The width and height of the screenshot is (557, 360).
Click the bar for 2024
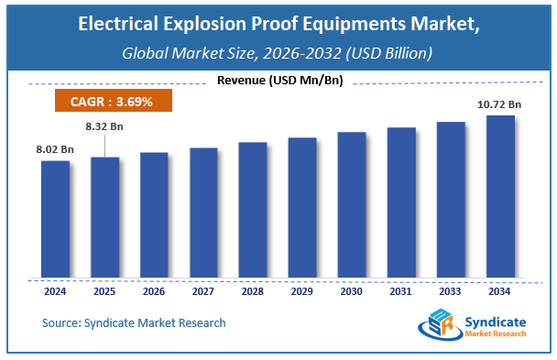55,220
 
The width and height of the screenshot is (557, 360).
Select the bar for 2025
104,218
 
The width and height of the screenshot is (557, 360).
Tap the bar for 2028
253,211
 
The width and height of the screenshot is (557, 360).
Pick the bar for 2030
352,205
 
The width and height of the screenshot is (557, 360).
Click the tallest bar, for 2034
499,196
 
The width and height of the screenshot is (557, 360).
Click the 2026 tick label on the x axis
154,293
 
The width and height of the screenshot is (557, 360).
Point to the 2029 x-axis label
302,293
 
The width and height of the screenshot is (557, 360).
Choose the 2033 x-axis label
450,293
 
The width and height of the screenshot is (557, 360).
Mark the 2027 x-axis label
203,293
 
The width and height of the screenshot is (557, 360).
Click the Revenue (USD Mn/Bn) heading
279,82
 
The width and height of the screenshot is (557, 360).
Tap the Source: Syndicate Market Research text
134,323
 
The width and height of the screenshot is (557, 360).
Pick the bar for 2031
401,202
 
